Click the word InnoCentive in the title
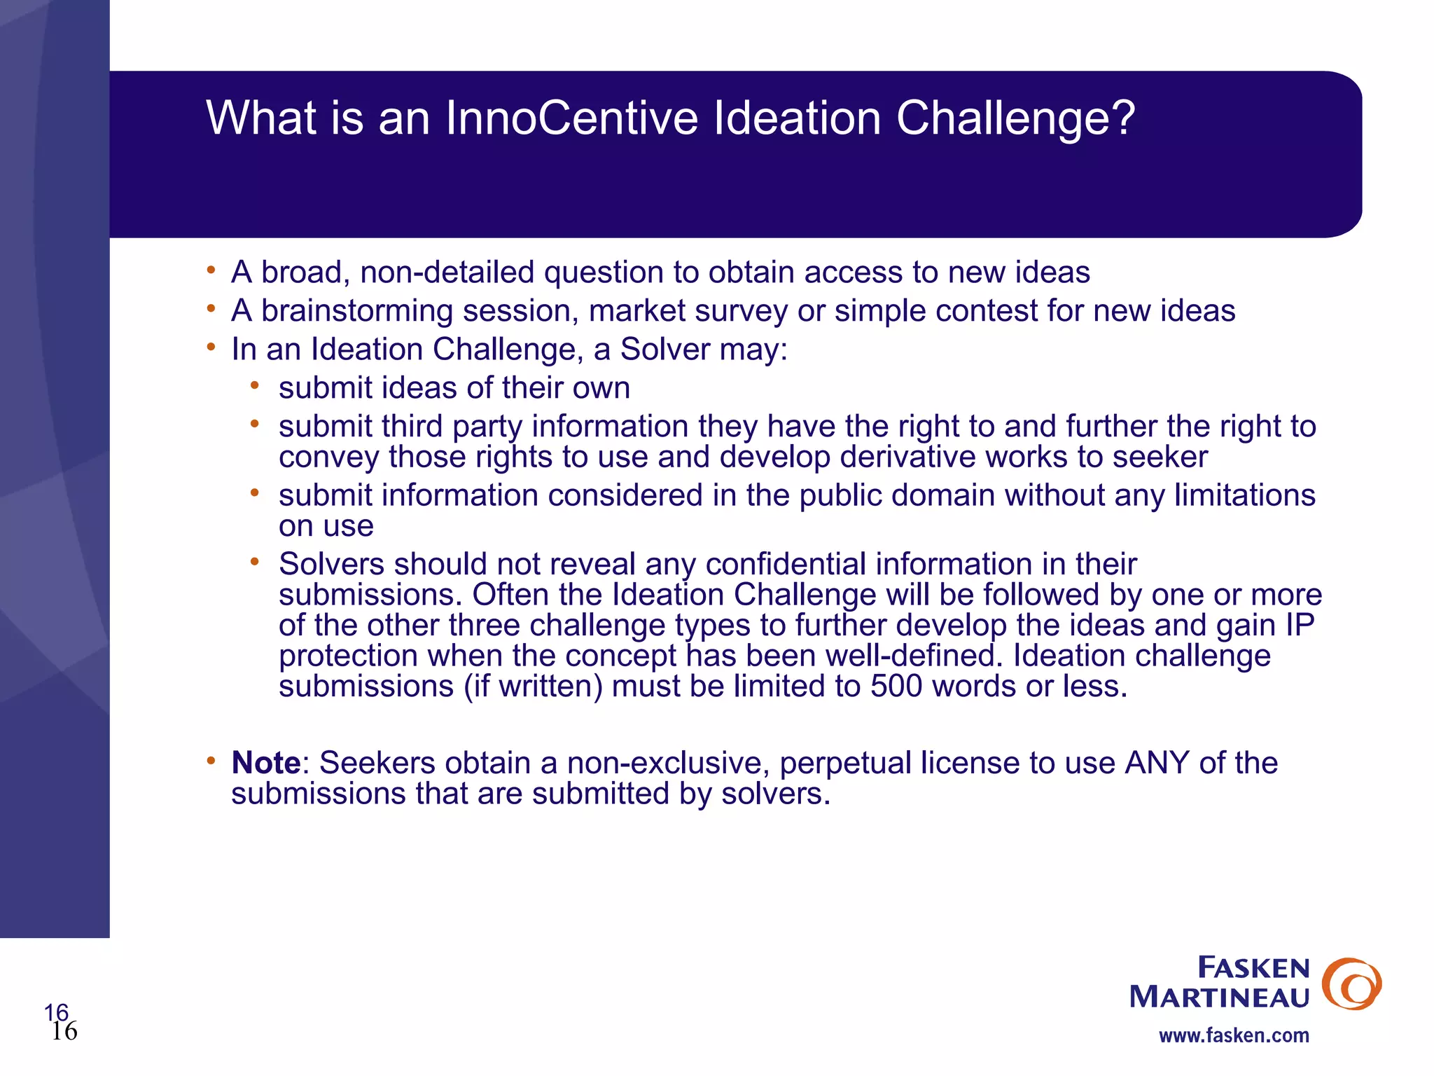(x=571, y=118)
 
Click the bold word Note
(x=266, y=763)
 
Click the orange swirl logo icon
(x=1351, y=984)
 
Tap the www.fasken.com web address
(x=1234, y=1035)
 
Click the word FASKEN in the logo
(x=1253, y=968)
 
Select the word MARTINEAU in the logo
(x=1219, y=997)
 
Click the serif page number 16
(x=64, y=1031)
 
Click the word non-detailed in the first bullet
(x=447, y=273)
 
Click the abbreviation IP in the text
(x=1300, y=626)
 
